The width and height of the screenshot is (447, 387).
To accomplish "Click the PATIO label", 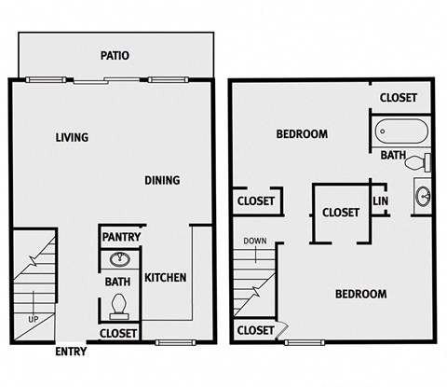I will pyautogui.click(x=115, y=55).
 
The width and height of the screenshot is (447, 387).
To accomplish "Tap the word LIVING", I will pyautogui.click(x=72, y=137).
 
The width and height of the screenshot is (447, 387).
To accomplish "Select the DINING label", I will pyautogui.click(x=162, y=180).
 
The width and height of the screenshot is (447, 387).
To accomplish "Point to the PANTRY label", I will pyautogui.click(x=122, y=237).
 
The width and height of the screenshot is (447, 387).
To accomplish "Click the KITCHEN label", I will pyautogui.click(x=166, y=277).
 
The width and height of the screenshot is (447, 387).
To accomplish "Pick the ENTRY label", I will pyautogui.click(x=71, y=352).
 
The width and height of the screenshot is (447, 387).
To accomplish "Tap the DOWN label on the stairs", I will pyautogui.click(x=255, y=242).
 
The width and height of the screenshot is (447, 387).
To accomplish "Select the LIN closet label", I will pyautogui.click(x=380, y=200).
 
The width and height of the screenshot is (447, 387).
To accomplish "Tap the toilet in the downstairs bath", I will pyautogui.click(x=118, y=304).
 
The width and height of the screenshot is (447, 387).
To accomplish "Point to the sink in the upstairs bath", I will pyautogui.click(x=423, y=197).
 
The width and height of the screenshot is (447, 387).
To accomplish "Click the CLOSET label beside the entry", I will pyautogui.click(x=118, y=333).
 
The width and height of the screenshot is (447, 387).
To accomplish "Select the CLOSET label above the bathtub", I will pyautogui.click(x=399, y=97).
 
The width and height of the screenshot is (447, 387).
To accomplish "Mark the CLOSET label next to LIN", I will pyautogui.click(x=341, y=212).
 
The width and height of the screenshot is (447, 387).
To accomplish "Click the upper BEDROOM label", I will pyautogui.click(x=302, y=134).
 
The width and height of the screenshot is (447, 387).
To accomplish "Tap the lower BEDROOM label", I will pyautogui.click(x=360, y=294).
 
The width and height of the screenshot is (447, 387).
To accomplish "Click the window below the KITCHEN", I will pyautogui.click(x=169, y=342).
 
